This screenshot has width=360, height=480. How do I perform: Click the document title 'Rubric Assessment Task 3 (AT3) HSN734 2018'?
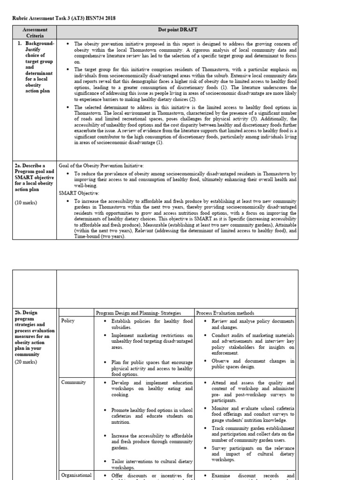(63, 18)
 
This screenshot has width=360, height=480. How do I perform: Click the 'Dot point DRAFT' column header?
(178, 30)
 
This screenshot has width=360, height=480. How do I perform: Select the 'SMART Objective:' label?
(78, 193)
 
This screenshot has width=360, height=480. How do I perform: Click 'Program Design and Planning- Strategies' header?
(138, 313)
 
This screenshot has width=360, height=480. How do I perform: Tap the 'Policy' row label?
(68, 321)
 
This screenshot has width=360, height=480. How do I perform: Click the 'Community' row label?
(74, 382)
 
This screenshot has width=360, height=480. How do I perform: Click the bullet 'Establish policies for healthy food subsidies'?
(151, 324)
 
